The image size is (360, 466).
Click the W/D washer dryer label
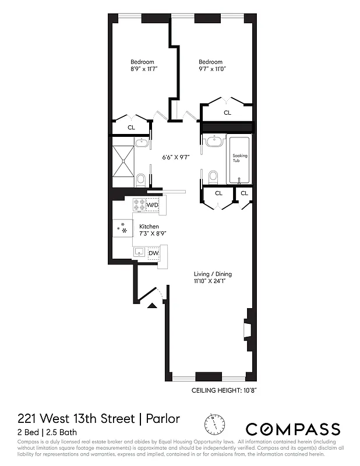pos(152,205)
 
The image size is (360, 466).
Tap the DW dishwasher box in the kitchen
pos(153,253)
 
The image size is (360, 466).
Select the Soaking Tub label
pos(240,159)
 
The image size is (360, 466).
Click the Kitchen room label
pos(149,227)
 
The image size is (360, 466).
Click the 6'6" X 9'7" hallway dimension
pos(176,157)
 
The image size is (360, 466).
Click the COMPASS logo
pos(292,429)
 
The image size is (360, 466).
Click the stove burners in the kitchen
pos(139,204)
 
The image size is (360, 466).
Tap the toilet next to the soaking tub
pos(213,175)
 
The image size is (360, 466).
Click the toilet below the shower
pos(142,179)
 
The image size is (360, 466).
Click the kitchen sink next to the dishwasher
pos(139,252)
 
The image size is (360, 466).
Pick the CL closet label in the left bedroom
pos(131,127)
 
